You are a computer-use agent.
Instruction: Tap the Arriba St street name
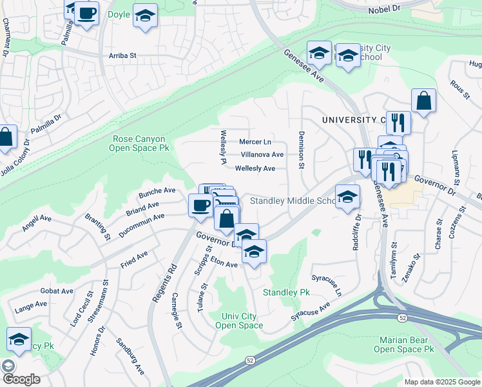pos(123,56)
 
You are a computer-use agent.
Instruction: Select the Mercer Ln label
pos(255,141)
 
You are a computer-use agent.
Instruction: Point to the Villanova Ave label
pos(262,155)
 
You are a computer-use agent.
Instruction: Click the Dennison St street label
pos(301,150)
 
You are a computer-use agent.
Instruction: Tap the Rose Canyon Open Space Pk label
pos(140,143)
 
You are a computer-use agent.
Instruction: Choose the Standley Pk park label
pos(286,293)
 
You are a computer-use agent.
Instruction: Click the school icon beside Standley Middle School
pos(347,197)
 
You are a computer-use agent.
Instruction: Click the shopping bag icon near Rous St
pos(423,101)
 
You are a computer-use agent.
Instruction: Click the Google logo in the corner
pos(21,379)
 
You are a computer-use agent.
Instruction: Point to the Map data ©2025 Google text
pos(441,382)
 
